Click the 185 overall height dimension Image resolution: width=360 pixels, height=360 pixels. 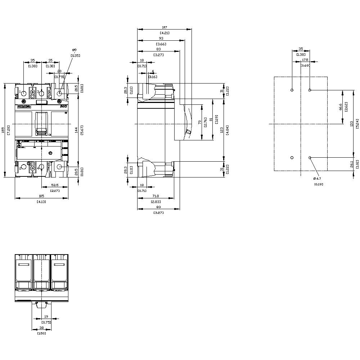tap(3, 129)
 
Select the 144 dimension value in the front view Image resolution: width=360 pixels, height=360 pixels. tap(76, 130)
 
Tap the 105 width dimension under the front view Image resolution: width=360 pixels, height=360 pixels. tap(41, 196)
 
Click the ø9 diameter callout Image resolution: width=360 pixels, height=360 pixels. tap(75, 50)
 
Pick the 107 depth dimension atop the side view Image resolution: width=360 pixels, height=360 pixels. tap(165, 27)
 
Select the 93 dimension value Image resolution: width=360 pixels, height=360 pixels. tap(161, 39)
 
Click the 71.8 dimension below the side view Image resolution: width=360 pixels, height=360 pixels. tap(156, 196)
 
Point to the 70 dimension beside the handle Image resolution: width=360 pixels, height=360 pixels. tap(200, 123)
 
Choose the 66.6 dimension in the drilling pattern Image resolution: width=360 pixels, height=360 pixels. tap(340, 107)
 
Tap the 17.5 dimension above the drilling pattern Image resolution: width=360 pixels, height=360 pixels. tap(305, 60)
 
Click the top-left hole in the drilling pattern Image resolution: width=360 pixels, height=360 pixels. tap(292, 90)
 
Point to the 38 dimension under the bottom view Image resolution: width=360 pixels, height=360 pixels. tap(41, 328)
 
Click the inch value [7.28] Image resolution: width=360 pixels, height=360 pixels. tap(8, 129)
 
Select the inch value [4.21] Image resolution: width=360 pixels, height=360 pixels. tap(165, 33)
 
